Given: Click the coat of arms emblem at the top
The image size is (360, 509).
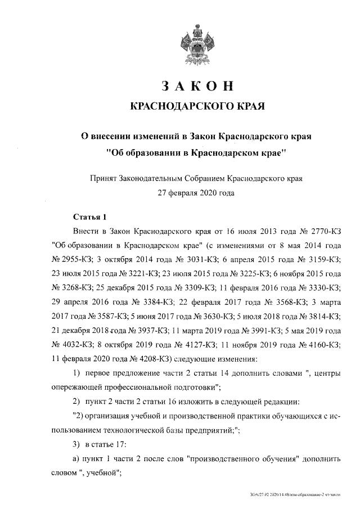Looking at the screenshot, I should pyautogui.click(x=196, y=44).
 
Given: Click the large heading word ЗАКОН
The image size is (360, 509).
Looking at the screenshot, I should pyautogui.click(x=196, y=86).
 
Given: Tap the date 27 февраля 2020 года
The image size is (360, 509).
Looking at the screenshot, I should pyautogui.click(x=196, y=193).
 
